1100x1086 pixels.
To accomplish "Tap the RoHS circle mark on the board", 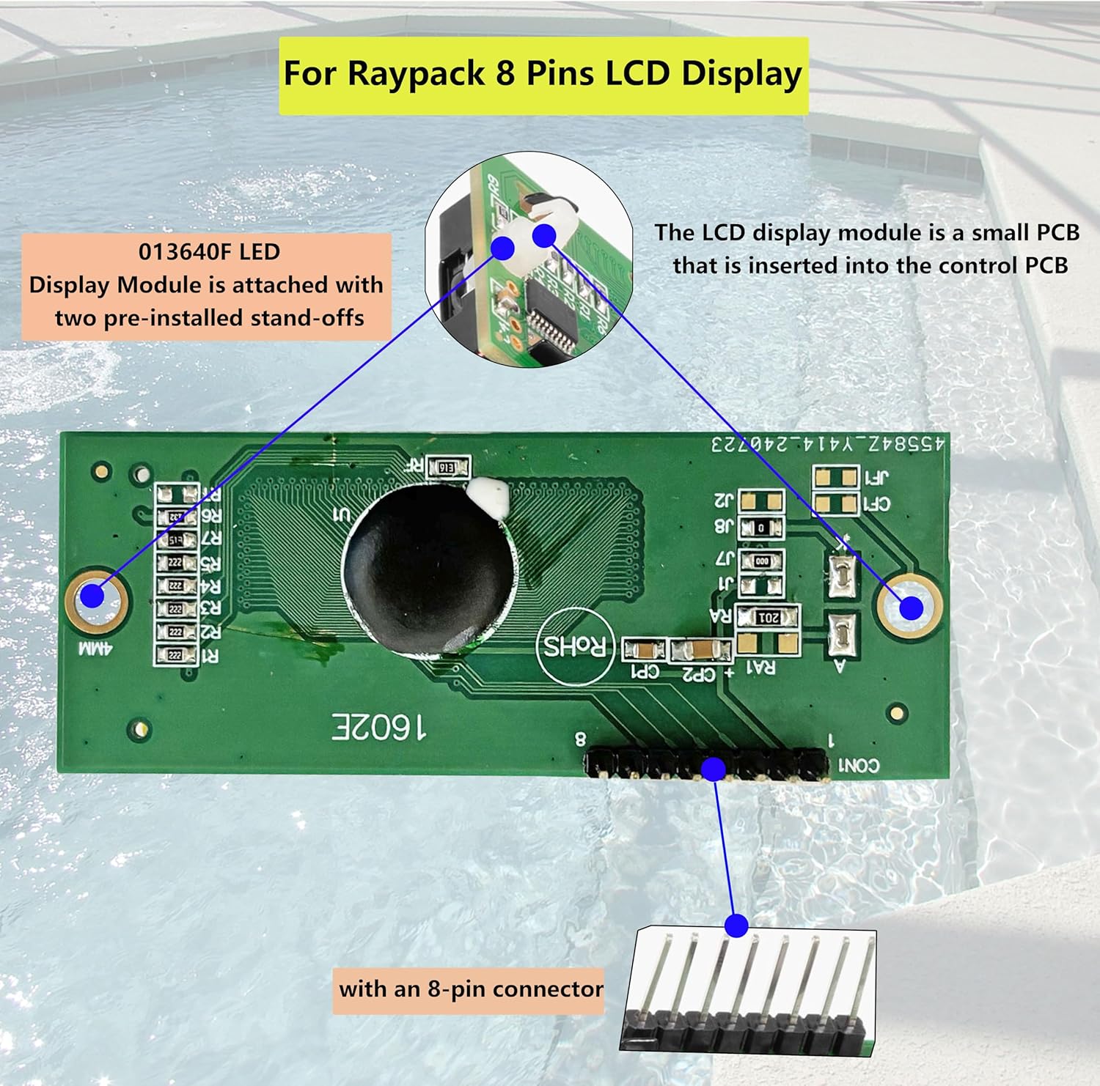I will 574,646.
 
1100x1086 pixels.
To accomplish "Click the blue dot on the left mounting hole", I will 93,596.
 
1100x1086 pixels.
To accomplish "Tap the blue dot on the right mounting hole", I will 911,607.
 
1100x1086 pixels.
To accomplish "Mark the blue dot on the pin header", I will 714,769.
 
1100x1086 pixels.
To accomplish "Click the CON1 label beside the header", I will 858,766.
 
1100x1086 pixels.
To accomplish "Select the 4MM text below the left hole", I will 95,649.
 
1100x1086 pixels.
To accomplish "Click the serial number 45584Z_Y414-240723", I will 828,444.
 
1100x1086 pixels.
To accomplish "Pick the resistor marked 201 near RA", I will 768,617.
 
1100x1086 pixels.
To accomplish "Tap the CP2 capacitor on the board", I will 700,650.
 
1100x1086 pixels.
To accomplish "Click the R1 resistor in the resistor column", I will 176,655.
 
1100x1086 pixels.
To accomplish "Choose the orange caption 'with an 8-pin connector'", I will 469,990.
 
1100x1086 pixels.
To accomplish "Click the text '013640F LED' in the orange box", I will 209,252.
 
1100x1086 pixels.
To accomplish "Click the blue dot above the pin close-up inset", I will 736,926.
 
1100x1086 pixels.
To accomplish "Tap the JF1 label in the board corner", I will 876,477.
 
